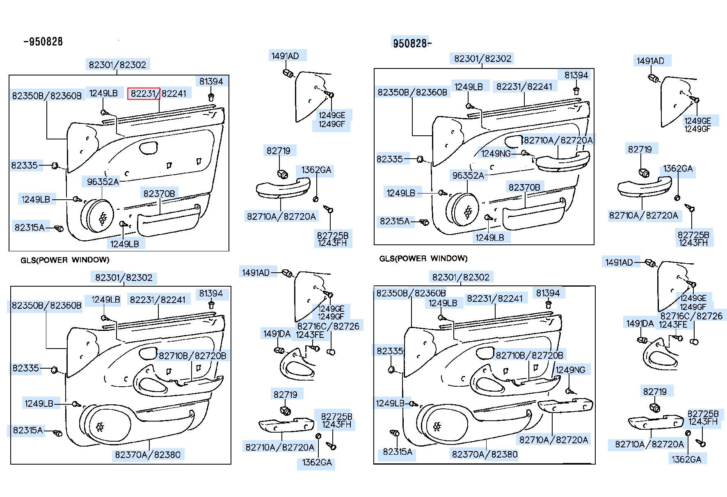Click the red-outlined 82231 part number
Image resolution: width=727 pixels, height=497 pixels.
click(144, 93)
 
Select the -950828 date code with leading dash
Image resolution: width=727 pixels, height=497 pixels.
click(43, 41)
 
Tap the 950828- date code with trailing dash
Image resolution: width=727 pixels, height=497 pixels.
click(412, 43)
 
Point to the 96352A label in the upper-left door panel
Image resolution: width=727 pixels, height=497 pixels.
click(103, 181)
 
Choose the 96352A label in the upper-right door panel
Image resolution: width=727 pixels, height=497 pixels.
click(468, 176)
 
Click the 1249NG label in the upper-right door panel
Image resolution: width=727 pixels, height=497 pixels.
click(496, 153)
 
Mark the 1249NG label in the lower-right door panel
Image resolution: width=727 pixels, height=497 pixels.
click(570, 369)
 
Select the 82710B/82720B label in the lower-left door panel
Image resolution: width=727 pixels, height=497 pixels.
click(192, 356)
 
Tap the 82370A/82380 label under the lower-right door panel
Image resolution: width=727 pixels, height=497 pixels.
click(485, 454)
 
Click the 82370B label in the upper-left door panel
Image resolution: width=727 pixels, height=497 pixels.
click(159, 193)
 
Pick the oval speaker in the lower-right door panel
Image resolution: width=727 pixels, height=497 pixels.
click(444, 425)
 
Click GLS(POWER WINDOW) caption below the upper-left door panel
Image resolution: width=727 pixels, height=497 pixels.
click(65, 260)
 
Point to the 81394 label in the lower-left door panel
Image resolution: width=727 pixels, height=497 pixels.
click(211, 293)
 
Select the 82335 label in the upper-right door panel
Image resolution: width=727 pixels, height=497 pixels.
click(389, 159)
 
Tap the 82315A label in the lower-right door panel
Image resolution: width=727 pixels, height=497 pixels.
click(397, 451)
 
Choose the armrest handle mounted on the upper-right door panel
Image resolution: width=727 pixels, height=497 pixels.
click(562, 161)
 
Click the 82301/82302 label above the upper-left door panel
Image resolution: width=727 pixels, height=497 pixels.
click(117, 64)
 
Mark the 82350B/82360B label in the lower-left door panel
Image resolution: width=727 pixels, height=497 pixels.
click(46, 305)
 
